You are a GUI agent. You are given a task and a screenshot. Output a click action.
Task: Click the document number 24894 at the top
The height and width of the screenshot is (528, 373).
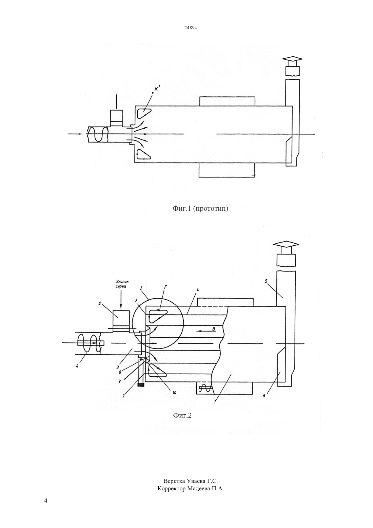click(x=190, y=28)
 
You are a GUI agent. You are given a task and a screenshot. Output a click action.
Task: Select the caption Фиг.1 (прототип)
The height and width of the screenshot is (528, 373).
click(x=200, y=208)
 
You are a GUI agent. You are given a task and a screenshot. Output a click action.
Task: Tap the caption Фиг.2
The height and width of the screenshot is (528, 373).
click(x=182, y=415)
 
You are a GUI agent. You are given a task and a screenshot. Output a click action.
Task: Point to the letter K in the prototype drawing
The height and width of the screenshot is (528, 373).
click(x=156, y=89)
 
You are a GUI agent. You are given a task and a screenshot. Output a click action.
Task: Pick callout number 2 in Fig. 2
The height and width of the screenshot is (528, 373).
click(x=100, y=304)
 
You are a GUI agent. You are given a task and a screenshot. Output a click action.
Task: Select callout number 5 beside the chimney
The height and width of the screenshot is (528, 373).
click(x=266, y=281)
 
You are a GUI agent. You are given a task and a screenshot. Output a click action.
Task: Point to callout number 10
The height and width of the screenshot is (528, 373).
click(x=174, y=393)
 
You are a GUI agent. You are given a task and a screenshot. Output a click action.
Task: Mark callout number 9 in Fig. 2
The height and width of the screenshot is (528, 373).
click(x=120, y=381)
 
